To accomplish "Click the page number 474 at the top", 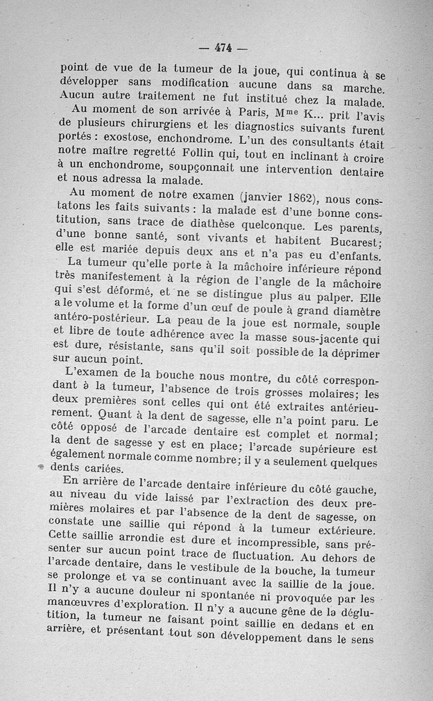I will (x=222, y=48).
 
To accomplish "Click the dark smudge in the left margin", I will (x=41, y=467).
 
